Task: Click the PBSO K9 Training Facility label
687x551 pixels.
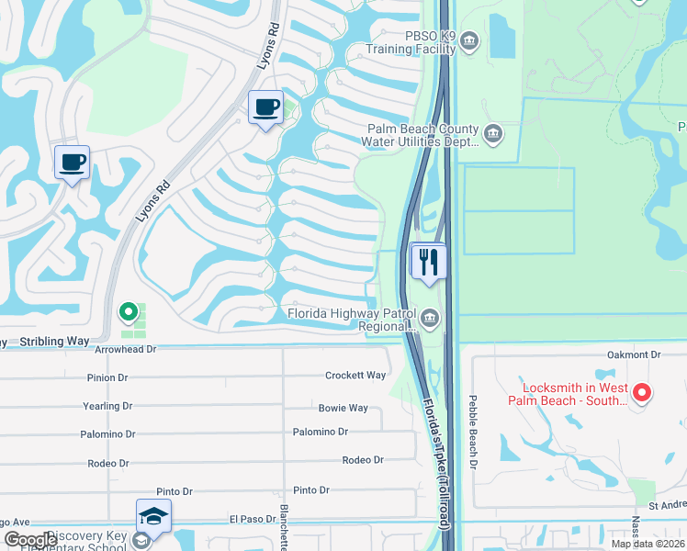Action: tap(411, 41)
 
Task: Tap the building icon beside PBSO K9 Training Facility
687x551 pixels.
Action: tap(469, 41)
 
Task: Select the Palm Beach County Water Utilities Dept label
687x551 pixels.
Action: tap(422, 136)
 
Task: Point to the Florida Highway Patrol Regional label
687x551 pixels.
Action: tap(353, 318)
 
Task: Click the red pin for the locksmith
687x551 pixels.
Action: tap(642, 394)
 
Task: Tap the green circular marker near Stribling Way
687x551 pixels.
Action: tap(130, 312)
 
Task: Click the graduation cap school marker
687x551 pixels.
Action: tap(154, 517)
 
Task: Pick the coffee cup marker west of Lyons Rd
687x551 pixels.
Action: tap(72, 163)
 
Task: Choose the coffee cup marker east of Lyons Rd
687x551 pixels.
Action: tap(265, 107)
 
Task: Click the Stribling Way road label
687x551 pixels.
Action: tap(55, 342)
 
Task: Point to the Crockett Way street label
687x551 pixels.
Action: tap(355, 376)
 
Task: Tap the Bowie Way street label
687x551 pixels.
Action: tap(343, 408)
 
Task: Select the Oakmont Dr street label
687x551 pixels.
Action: tap(634, 354)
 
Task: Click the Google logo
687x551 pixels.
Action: tap(30, 540)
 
